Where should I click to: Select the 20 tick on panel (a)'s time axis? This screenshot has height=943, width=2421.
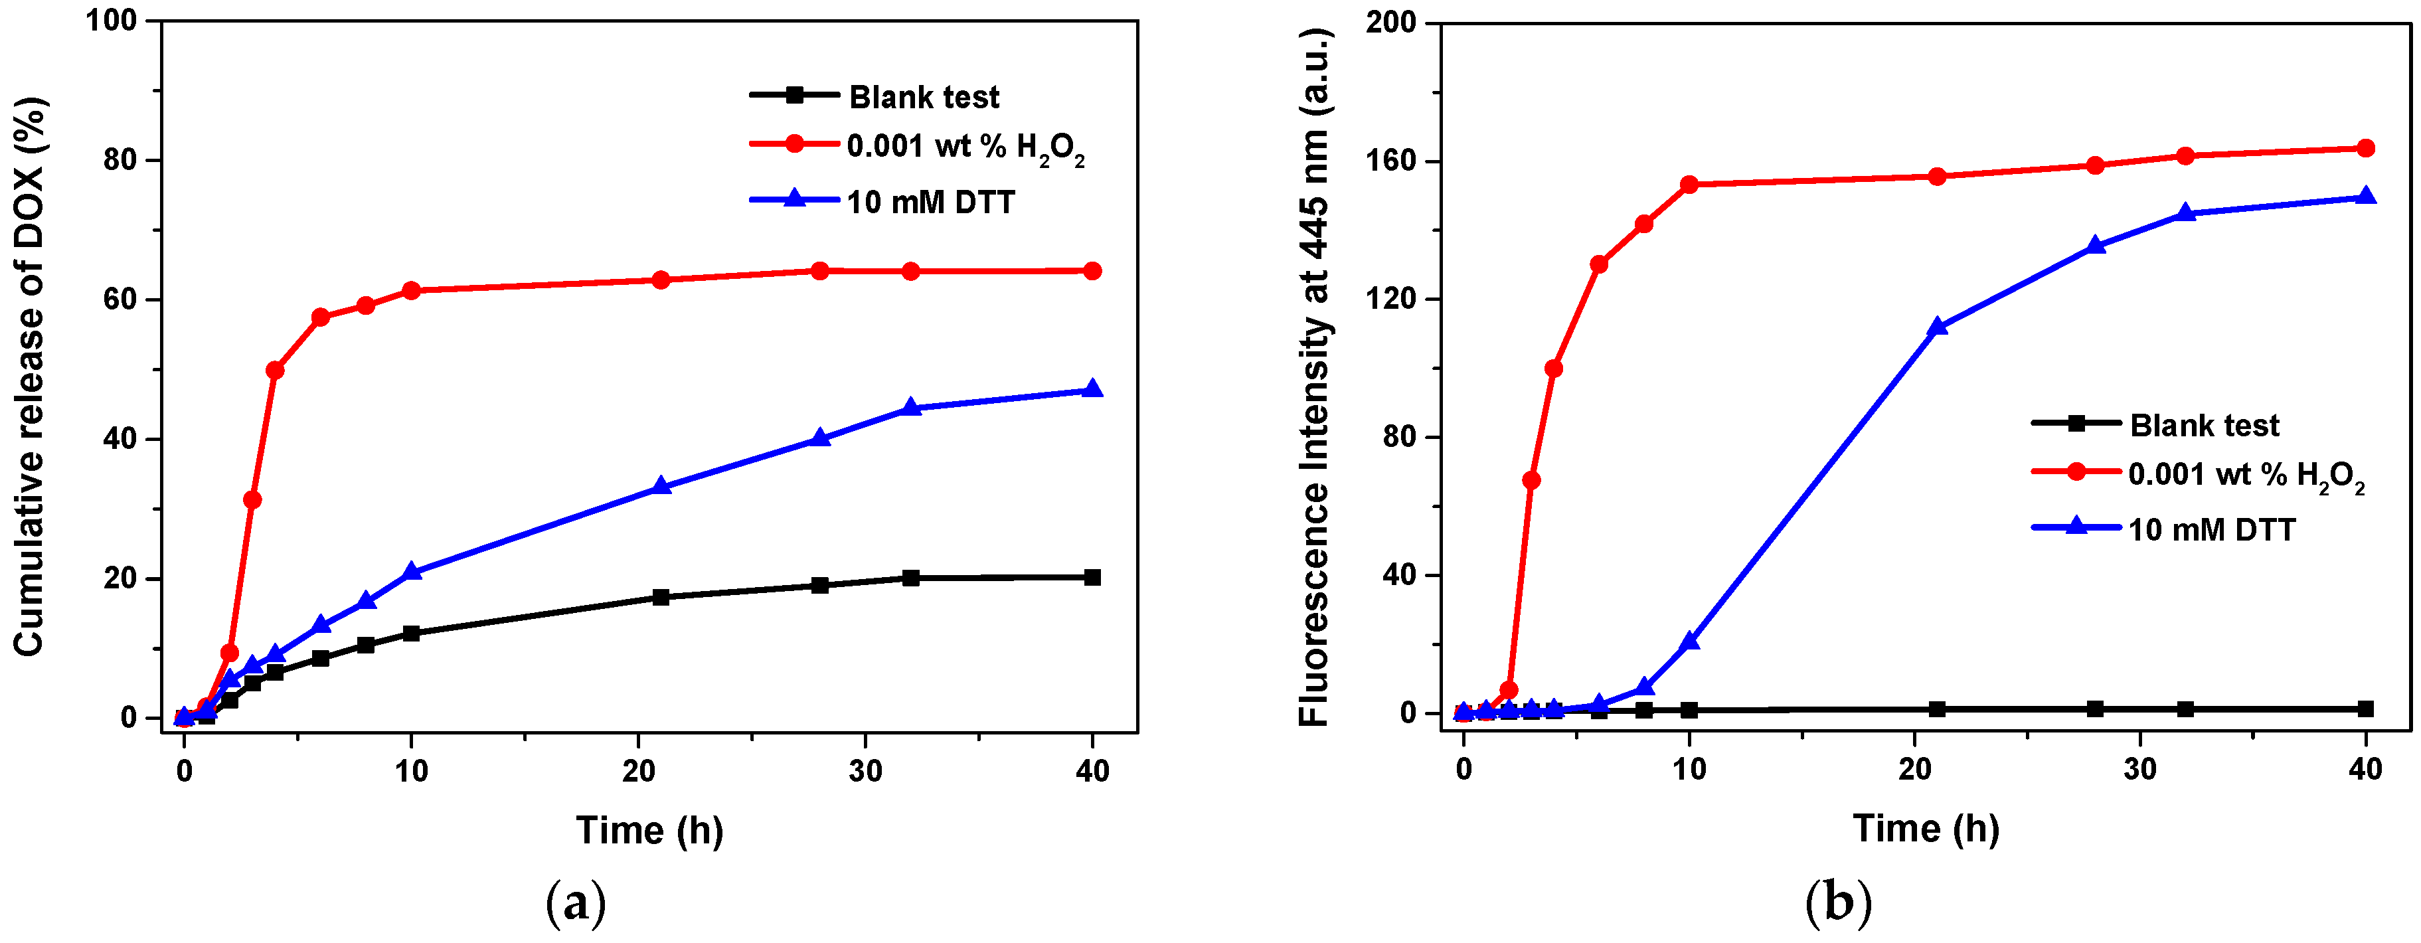pyautogui.click(x=638, y=772)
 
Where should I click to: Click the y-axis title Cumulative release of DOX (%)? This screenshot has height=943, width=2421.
pyautogui.click(x=30, y=376)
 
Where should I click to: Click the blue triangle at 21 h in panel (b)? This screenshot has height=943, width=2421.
pyautogui.click(x=1937, y=326)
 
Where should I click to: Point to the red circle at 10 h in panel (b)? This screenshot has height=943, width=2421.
pyautogui.click(x=1689, y=184)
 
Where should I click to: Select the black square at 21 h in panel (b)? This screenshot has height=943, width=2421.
pyautogui.click(x=1937, y=709)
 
